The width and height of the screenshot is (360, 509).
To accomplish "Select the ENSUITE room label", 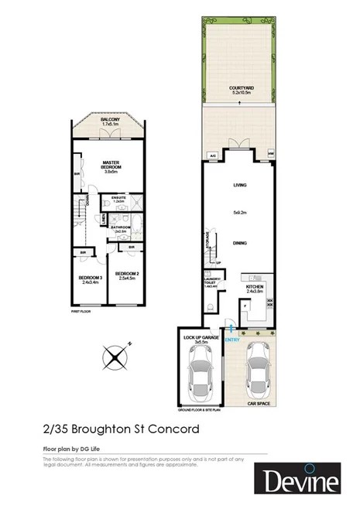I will (x=119, y=199).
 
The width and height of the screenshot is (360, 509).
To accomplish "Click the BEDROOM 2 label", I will (x=125, y=275).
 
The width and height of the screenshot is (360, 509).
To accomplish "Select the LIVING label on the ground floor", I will (x=239, y=186).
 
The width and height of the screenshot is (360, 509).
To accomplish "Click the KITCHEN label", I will (x=255, y=287).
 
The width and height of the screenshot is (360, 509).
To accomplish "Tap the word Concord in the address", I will (x=175, y=428).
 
